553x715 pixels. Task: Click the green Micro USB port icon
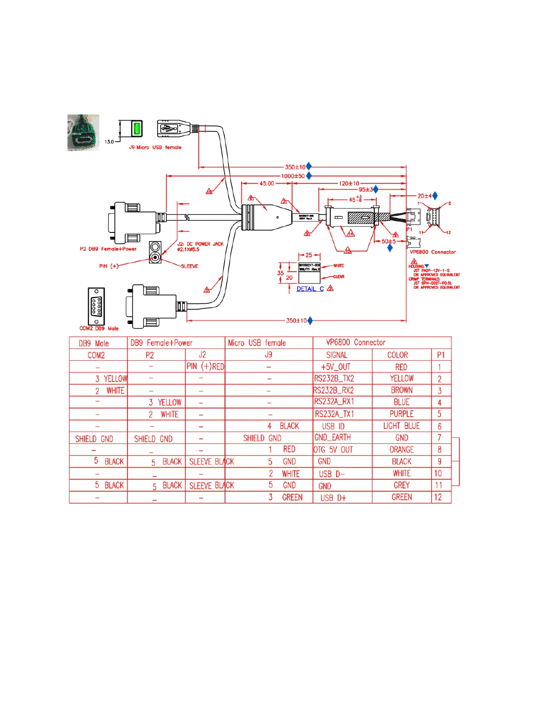point(136,128)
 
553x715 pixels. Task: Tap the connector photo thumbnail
point(83,132)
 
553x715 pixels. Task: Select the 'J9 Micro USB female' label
point(155,148)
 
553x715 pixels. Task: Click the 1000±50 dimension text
point(293,176)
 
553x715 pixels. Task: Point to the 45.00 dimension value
point(267,184)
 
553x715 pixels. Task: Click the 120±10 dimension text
point(349,184)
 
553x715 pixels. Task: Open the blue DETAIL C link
point(310,289)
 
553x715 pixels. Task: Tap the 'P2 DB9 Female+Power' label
point(108,249)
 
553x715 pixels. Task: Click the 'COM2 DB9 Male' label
point(99,329)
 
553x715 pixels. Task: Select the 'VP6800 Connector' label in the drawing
point(432,252)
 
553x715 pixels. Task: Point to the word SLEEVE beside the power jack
point(189,266)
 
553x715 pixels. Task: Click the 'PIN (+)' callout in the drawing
point(109,266)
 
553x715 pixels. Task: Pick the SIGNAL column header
point(337,355)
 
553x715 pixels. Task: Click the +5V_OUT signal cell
point(335,367)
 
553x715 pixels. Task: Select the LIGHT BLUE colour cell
point(401,426)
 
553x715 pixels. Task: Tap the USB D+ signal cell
point(333,498)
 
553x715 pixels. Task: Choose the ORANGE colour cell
point(401,450)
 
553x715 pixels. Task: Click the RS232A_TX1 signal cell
point(334,414)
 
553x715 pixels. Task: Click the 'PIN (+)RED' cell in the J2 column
point(205,367)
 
